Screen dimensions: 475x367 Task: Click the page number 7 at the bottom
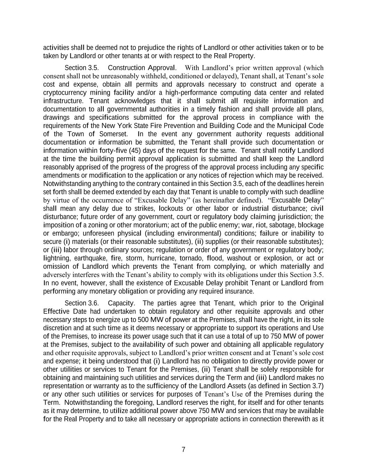[183, 450]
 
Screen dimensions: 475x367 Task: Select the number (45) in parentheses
[135, 151]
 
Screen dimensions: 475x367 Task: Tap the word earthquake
[91, 258]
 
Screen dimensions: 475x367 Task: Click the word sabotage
[267, 225]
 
